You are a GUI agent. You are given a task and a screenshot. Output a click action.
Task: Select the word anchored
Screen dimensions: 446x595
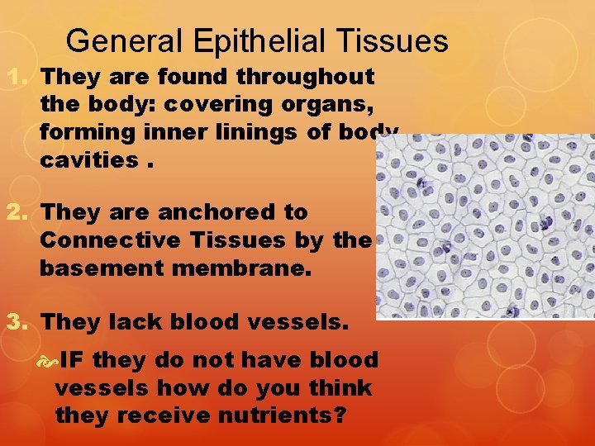click(217, 212)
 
